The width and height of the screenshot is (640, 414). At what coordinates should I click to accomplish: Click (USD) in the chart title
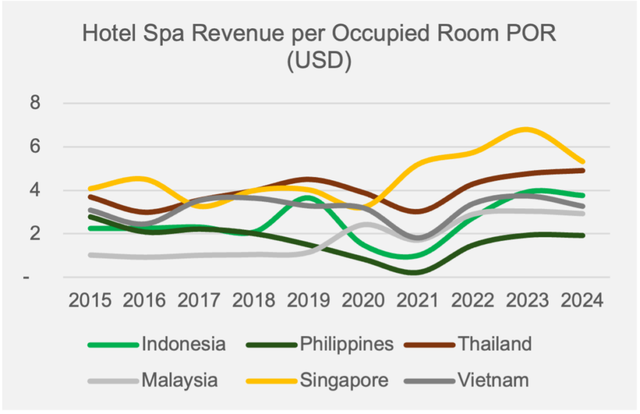[x=319, y=62]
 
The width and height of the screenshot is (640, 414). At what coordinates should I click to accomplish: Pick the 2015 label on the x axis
[x=90, y=301]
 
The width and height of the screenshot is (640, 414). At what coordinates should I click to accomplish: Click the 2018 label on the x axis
[x=254, y=301]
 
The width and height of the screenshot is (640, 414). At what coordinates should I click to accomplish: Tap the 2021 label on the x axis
[x=418, y=301]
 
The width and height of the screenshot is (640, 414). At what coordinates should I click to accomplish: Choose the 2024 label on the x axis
[x=582, y=301]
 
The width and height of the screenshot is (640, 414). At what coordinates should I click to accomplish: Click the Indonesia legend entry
[x=183, y=343]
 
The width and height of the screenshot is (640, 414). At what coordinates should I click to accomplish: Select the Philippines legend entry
[x=346, y=343]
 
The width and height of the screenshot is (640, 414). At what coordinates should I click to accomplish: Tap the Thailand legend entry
[x=494, y=343]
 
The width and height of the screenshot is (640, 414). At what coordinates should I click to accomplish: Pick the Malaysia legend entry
[x=179, y=380]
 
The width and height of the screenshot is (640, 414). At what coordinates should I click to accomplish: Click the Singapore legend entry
[x=344, y=380]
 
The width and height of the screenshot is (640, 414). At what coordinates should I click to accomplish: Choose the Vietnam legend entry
[x=492, y=380]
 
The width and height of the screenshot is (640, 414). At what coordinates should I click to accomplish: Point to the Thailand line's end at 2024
[x=582, y=170]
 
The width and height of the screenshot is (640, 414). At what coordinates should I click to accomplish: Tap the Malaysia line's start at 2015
[x=91, y=255]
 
